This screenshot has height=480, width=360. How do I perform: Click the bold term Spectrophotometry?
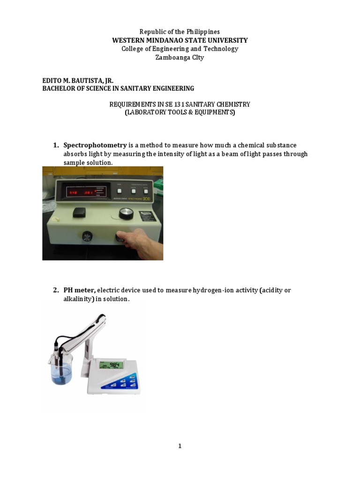pyautogui.click(x=95, y=145)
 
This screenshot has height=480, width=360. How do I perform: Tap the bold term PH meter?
pyautogui.click(x=80, y=290)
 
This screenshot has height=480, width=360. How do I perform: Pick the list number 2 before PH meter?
pyautogui.click(x=55, y=290)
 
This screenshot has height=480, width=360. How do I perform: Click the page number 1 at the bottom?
pyautogui.click(x=180, y=446)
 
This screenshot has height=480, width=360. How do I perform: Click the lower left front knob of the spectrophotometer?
pyautogui.click(x=87, y=237)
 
